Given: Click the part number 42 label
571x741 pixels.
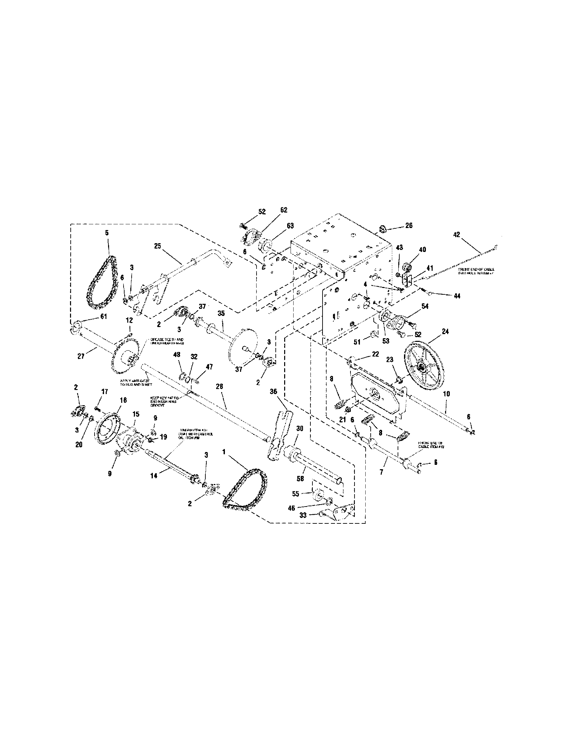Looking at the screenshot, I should pos(457,234).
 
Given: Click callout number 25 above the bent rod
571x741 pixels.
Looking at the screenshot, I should pos(157,246).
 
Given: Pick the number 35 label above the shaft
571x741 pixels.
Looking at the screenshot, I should pos(221,314).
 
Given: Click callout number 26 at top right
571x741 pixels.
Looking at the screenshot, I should pos(409,225).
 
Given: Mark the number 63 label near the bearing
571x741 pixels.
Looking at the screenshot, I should pos(290,226).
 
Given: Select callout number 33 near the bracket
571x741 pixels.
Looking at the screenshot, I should pos(303,515).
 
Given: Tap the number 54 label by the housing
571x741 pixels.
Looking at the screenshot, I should pos(425,307).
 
